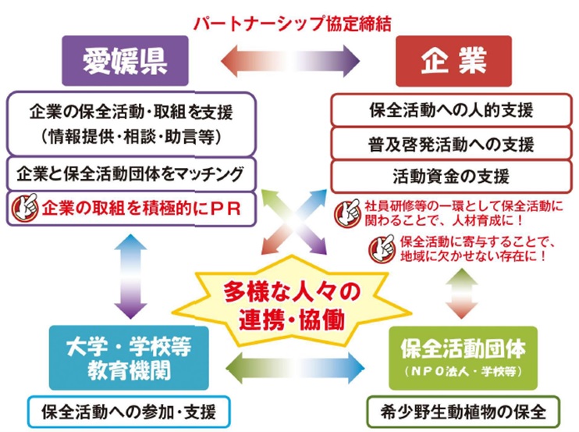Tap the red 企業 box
pyautogui.click(x=454, y=60)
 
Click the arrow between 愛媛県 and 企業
pyautogui.click(x=289, y=60)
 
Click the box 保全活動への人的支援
pyautogui.click(x=450, y=110)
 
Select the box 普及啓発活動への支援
pyautogui.click(x=450, y=145)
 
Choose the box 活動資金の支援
pyautogui.click(x=450, y=174)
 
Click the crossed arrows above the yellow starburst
pyautogui.click(x=293, y=227)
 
